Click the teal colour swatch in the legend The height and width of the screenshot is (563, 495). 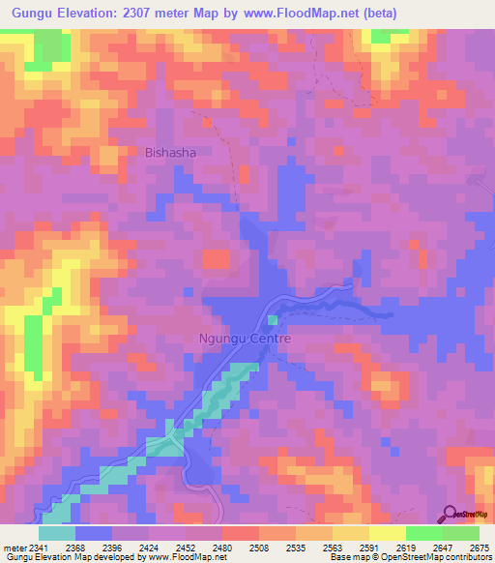[x=57, y=533]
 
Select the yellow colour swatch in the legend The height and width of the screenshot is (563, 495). [x=388, y=533]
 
